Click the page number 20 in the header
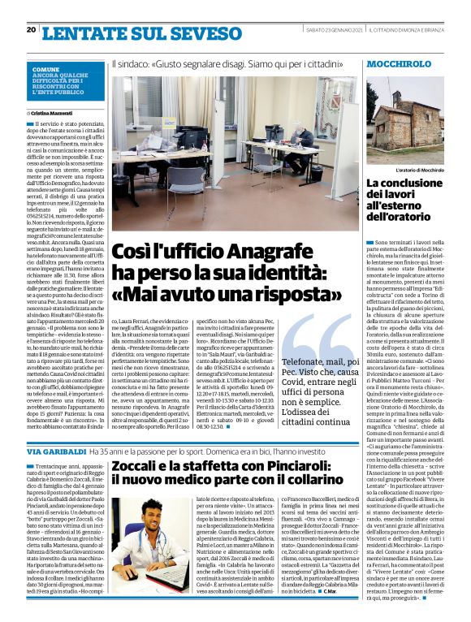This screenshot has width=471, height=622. [x=31, y=30]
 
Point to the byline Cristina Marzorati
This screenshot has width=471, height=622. [x=54, y=114]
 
